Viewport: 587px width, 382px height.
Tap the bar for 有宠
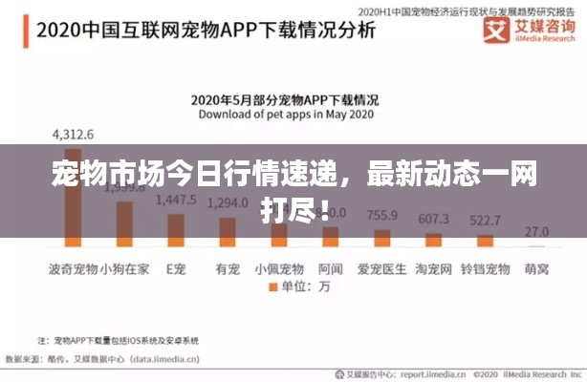point(228,231)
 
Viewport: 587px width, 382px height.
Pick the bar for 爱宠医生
point(382,238)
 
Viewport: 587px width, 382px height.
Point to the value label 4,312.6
point(73,133)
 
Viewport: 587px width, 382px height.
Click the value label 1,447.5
point(176,201)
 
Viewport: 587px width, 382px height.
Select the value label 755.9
point(382,215)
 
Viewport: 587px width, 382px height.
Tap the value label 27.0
point(537,230)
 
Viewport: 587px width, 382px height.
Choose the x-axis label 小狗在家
point(124,268)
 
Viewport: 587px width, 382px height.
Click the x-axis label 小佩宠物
point(279,268)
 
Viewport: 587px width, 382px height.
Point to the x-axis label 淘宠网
point(434,268)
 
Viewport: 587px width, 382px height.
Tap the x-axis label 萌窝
point(537,268)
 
